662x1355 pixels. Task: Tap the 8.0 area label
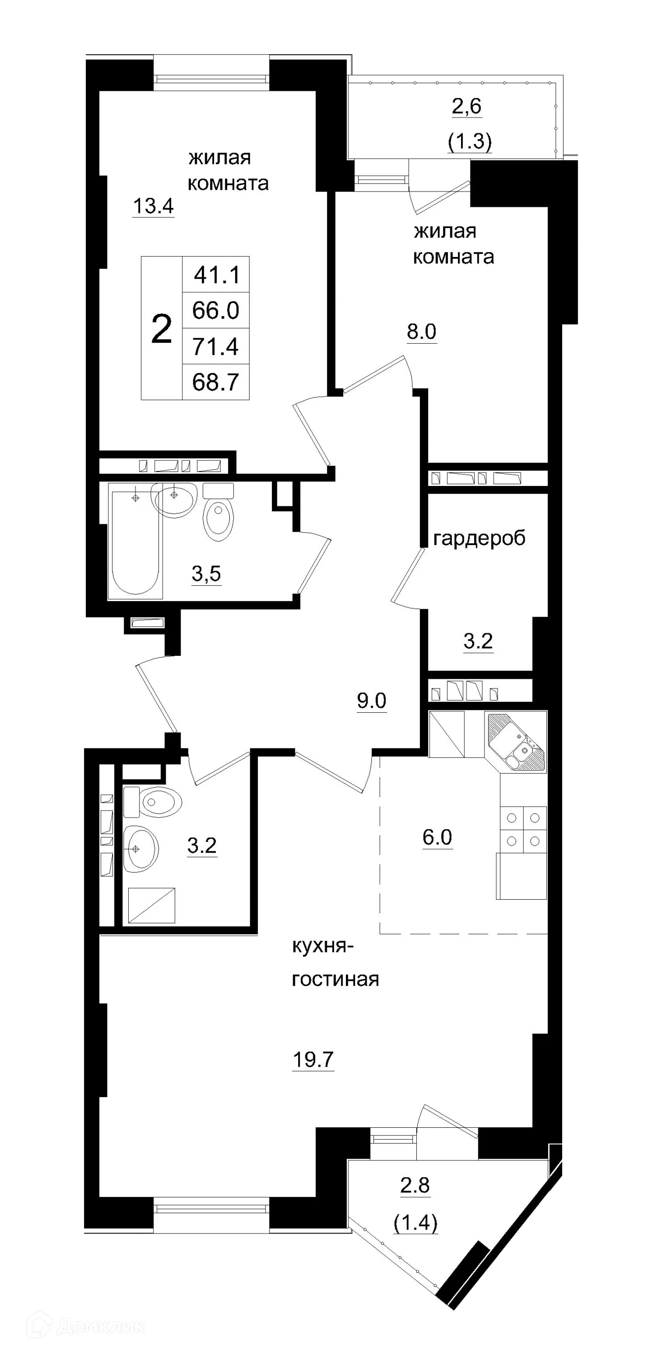422,332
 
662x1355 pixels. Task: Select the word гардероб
479,538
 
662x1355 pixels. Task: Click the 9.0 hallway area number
372,700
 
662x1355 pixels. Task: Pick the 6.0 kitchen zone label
437,837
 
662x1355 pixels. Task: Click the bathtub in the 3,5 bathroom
135,542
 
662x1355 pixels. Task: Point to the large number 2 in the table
161,329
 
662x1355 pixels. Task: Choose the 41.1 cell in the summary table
216,275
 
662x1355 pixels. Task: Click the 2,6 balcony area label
467,106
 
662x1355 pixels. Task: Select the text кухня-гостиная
335,963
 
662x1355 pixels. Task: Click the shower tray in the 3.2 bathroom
151,905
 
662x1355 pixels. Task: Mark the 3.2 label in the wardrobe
478,640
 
